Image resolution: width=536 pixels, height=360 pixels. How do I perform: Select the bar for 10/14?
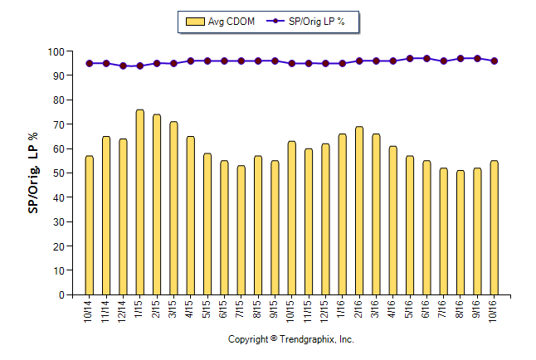click(x=89, y=225)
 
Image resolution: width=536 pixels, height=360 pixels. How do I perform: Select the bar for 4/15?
click(x=190, y=216)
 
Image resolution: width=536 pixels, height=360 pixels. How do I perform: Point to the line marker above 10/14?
click(x=89, y=63)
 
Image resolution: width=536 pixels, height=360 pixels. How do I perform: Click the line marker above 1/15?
click(x=139, y=66)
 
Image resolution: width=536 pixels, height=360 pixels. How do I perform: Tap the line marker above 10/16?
click(x=495, y=61)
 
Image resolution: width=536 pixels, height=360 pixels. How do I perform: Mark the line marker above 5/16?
click(x=410, y=59)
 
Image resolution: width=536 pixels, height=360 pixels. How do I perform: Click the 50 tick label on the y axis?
click(x=58, y=173)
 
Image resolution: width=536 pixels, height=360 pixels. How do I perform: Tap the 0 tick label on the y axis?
click(x=61, y=295)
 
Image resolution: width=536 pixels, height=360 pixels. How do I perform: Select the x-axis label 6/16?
click(x=426, y=314)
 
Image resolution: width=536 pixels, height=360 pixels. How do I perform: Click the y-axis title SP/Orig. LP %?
click(x=33, y=173)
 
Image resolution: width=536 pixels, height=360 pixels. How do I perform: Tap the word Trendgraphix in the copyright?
click(x=307, y=340)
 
